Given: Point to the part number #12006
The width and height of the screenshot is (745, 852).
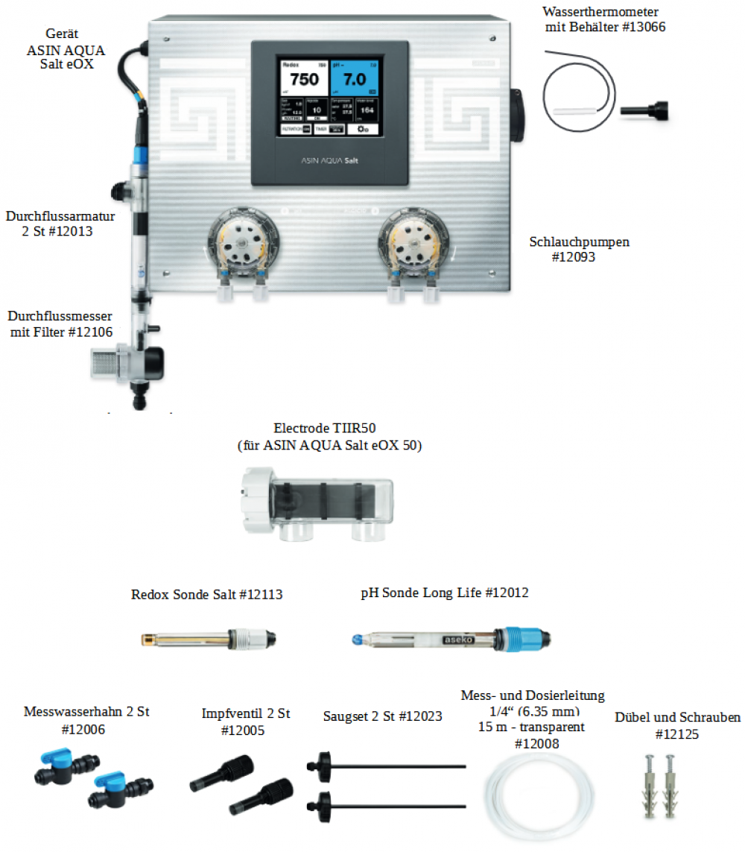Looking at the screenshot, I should click(86, 730).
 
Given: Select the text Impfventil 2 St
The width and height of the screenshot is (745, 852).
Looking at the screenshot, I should click(245, 713).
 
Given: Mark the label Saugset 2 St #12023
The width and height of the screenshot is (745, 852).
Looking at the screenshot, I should click(382, 716).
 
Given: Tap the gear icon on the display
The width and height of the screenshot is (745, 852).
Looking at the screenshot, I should click(363, 129).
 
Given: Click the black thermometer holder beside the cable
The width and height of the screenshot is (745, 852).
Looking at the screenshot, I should click(645, 110).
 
